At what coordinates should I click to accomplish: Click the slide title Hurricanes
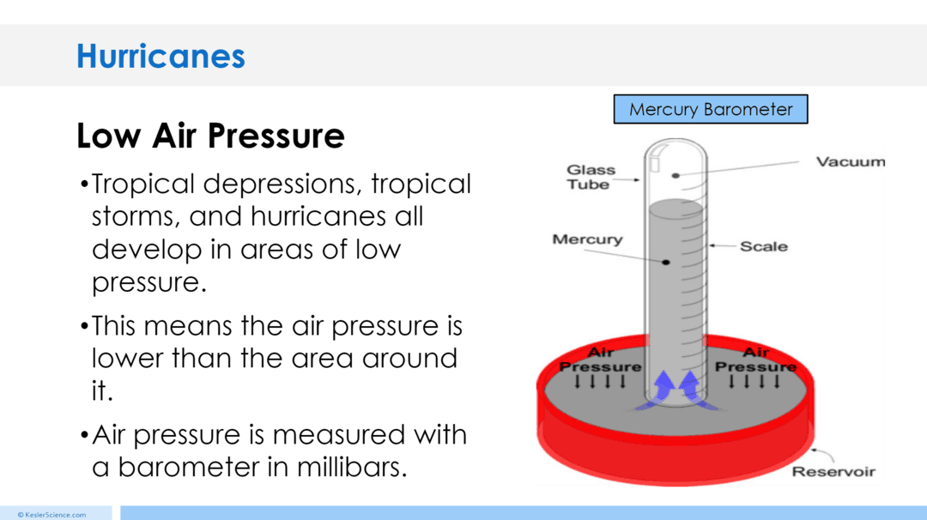coord(161,57)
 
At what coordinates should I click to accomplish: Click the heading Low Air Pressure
coord(210,136)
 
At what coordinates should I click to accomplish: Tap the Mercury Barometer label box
coord(711,109)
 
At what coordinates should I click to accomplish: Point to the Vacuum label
coord(850,161)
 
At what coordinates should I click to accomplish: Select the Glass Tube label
coord(591,177)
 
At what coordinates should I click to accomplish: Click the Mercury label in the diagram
coord(587,239)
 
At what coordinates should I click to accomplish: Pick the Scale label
coord(764,246)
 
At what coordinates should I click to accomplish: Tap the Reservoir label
coord(833,472)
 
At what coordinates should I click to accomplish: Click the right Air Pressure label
coord(755,360)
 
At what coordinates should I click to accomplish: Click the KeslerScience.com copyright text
coord(51,515)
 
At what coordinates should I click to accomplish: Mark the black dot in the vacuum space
coord(676,175)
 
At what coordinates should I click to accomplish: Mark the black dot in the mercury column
coord(665,261)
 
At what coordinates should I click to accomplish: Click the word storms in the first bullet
coord(136,216)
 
